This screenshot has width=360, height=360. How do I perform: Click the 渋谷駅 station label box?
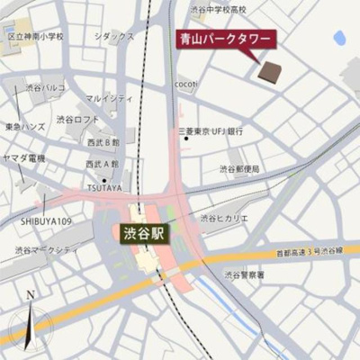(144, 232)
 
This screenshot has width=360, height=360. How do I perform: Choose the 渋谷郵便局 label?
(239, 168)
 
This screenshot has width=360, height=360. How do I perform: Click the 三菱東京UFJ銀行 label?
(211, 131)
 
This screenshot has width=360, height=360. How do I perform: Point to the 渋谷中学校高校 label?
(218, 9)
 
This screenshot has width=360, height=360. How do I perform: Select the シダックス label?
(114, 36)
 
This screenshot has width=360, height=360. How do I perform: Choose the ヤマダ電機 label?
(23, 158)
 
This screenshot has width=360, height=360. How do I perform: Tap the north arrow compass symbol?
(30, 319)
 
